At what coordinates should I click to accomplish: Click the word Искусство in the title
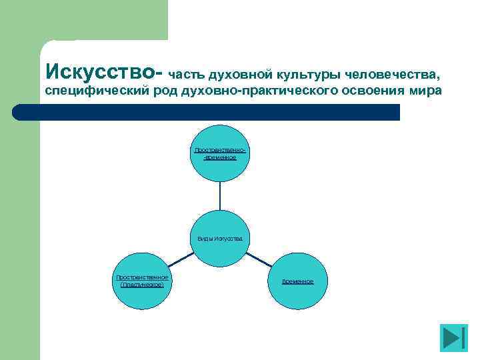[100, 69]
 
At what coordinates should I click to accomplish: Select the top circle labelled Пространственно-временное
[220, 153]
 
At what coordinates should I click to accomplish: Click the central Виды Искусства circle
[220, 238]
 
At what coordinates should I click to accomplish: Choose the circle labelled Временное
[298, 281]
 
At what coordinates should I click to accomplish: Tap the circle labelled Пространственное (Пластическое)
[142, 281]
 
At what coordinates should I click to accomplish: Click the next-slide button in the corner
[454, 338]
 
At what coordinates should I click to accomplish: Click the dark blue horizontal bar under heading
[220, 112]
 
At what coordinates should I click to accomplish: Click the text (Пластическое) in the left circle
[142, 285]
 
